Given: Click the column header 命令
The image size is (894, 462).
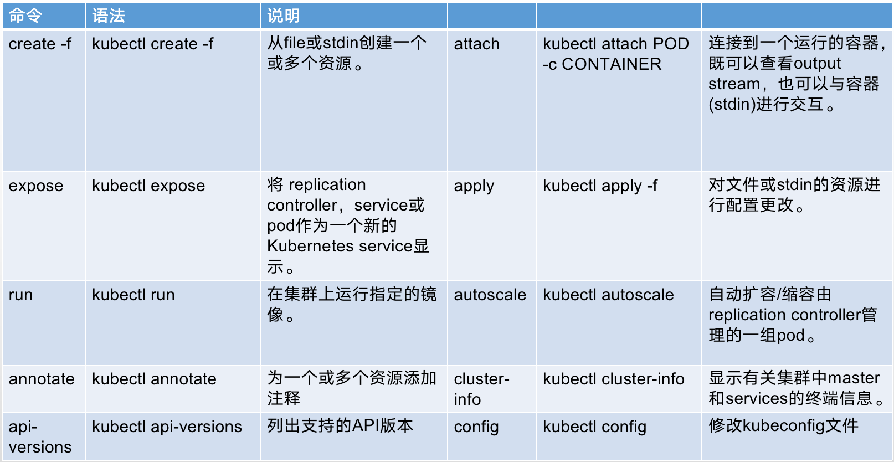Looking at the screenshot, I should [25, 16].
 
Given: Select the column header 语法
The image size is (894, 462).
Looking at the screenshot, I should [109, 16].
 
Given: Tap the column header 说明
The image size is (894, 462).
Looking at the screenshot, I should [284, 16].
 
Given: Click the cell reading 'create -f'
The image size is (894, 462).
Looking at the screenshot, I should [40, 44].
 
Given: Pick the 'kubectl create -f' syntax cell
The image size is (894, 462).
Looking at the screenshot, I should [152, 44].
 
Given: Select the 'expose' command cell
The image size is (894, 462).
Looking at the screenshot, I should [36, 186].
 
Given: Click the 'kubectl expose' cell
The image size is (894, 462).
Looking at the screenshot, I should [148, 186].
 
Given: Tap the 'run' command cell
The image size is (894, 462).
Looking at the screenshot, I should [21, 295].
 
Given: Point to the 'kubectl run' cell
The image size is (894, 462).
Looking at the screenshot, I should [133, 295].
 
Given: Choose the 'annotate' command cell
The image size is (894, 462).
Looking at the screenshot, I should [42, 379].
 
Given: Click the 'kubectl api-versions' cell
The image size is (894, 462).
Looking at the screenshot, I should [167, 427].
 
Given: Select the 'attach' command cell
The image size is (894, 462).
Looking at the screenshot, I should [477, 44].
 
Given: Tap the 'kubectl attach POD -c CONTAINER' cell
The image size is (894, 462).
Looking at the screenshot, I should [615, 54].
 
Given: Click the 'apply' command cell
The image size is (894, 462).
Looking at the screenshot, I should [474, 186].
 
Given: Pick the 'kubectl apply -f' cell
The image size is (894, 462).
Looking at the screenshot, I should [600, 186].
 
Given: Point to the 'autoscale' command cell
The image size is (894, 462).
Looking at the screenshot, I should [490, 295].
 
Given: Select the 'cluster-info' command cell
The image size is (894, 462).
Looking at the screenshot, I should [481, 389].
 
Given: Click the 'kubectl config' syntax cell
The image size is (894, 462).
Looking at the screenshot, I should [594, 427].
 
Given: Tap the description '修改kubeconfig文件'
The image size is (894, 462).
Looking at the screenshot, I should [783, 425].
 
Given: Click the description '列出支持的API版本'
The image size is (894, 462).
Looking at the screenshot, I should [340, 425].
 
